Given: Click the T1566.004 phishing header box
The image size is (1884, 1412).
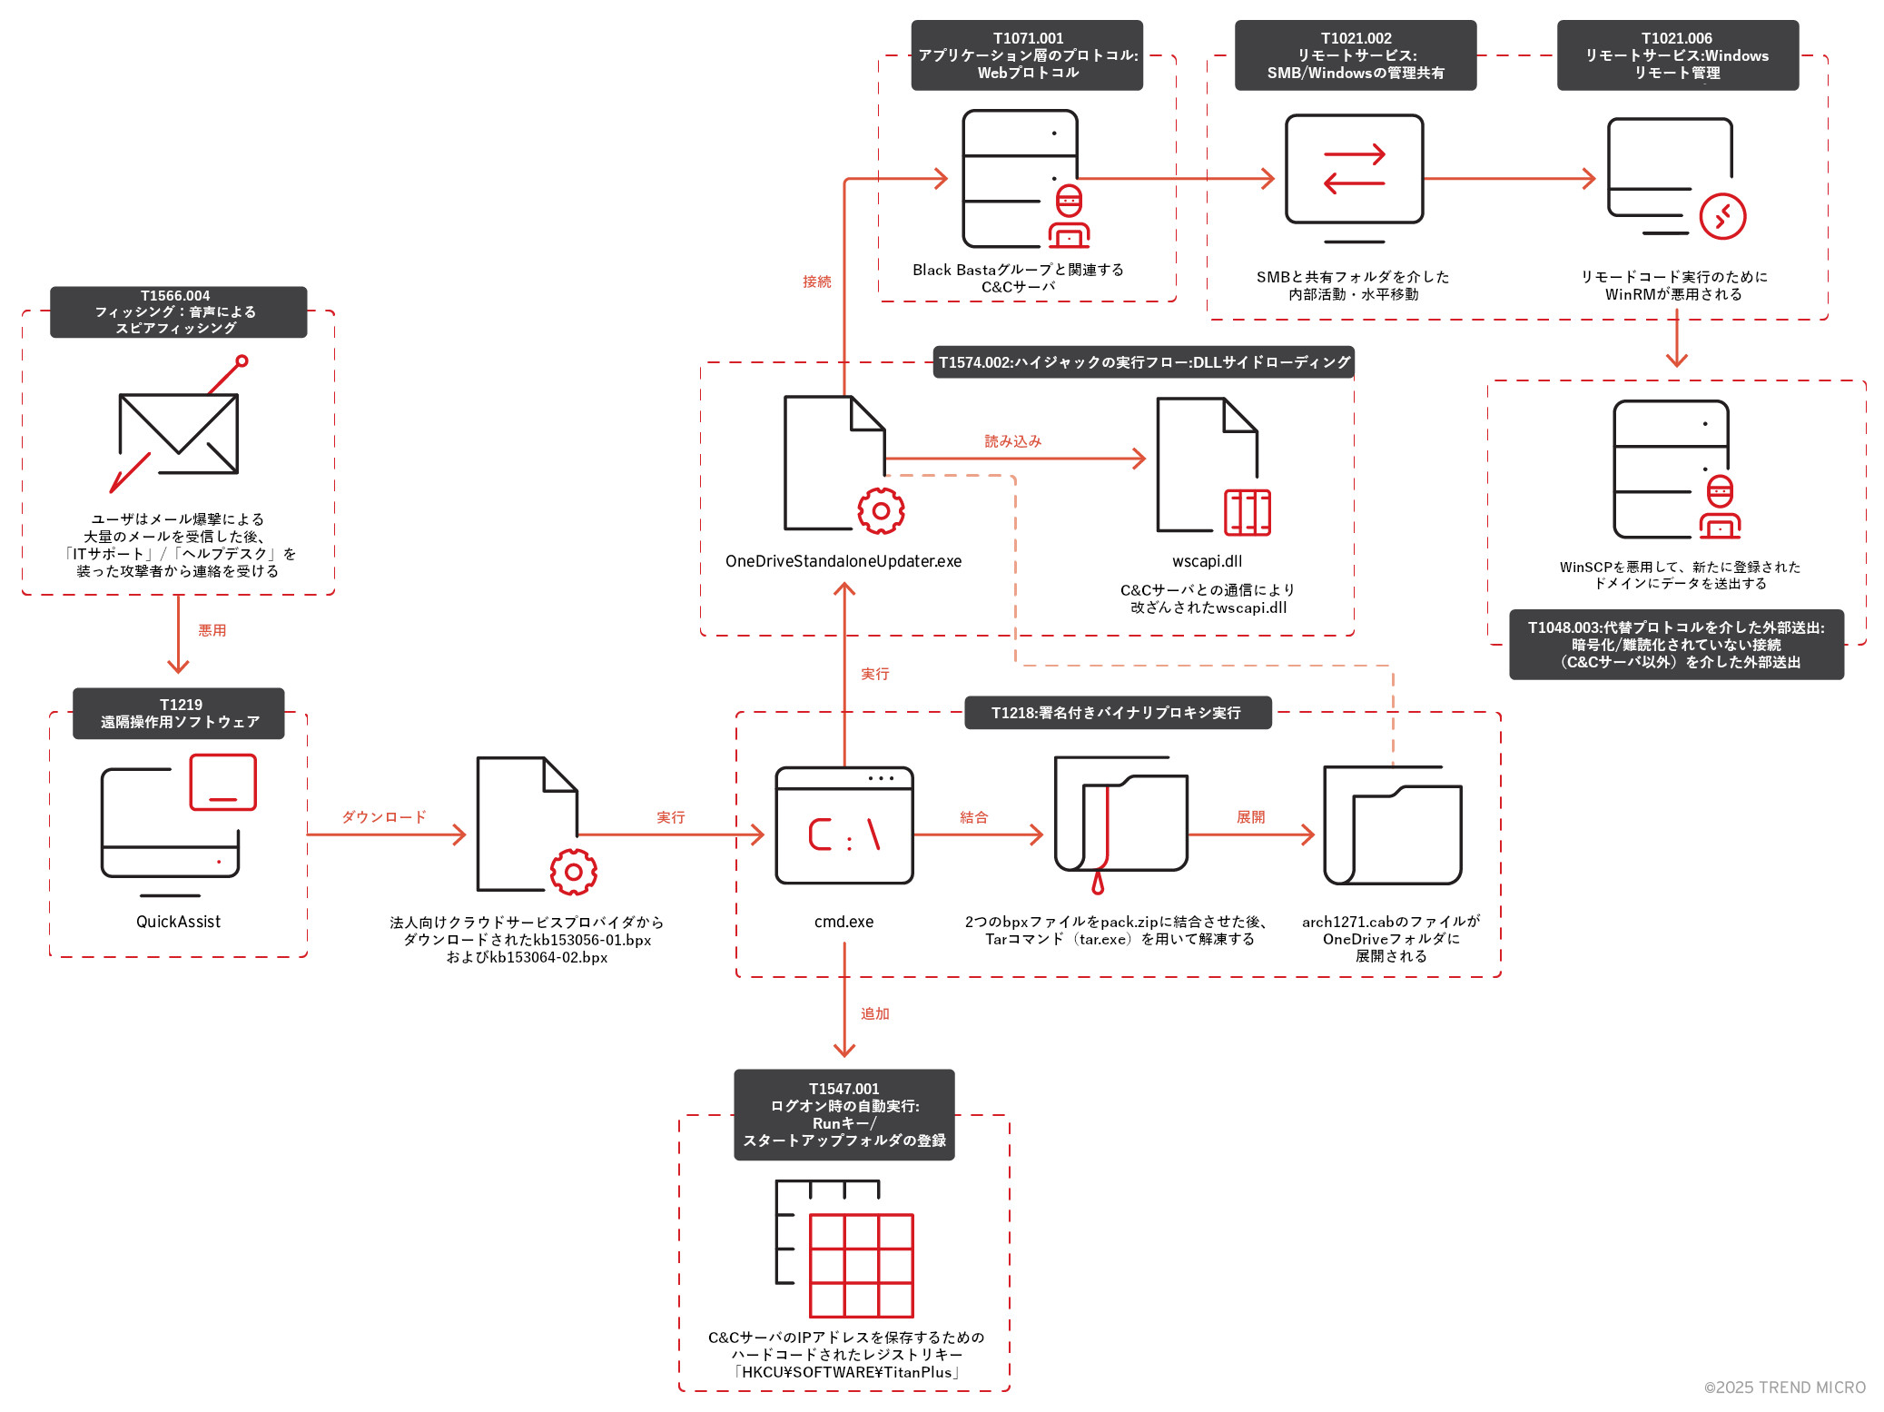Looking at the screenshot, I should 178,311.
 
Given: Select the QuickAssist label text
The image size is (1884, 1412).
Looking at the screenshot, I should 178,922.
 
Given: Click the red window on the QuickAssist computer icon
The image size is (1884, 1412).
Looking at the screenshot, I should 222,782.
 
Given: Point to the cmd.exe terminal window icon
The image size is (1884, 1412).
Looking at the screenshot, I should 843,824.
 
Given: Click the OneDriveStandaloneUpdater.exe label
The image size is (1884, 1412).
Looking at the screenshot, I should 843,561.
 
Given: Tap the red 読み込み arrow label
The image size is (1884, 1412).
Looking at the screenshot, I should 1012,441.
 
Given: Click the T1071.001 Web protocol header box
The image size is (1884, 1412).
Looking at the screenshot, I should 1027,55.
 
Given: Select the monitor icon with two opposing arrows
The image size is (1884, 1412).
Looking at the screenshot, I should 1354,170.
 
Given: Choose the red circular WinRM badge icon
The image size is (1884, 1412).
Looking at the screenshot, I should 1721,216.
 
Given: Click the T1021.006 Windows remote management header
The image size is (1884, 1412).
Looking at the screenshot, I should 1677,55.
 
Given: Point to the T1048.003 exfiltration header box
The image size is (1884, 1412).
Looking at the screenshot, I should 1676,645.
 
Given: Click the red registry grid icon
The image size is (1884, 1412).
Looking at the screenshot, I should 861,1265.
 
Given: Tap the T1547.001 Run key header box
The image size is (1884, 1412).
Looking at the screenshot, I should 843,1114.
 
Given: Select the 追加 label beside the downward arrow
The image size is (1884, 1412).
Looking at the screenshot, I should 874,1013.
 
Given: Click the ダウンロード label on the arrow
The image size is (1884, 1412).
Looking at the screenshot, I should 383,817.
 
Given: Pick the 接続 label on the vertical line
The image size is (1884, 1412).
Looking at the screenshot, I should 816,281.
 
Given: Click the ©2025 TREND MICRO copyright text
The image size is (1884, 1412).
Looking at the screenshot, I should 1784,1387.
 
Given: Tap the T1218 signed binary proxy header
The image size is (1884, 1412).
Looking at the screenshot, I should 1117,713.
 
